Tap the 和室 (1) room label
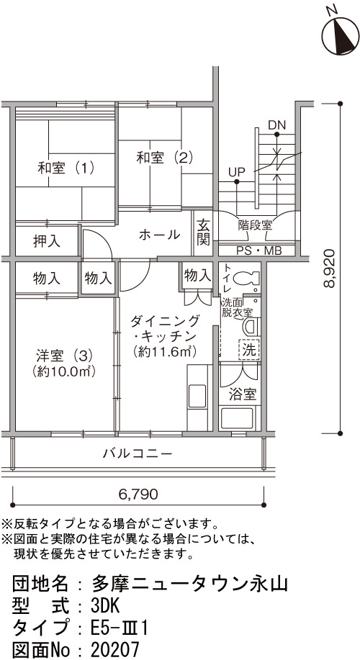[66, 168]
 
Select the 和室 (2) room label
[164, 158]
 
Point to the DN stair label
[276, 125]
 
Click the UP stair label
[237, 172]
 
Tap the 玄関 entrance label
[203, 232]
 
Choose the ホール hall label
[160, 235]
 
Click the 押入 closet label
[46, 241]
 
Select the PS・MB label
[259, 251]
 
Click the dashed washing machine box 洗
[249, 349]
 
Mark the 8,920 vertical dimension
[330, 268]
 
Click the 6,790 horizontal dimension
[138, 493]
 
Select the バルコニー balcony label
[138, 453]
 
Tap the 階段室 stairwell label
[255, 225]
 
